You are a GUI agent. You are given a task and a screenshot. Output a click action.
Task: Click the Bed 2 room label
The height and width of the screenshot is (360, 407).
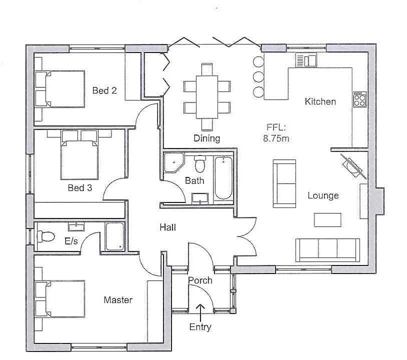(104, 90)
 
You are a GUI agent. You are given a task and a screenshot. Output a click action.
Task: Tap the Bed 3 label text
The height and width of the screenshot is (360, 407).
(80, 188)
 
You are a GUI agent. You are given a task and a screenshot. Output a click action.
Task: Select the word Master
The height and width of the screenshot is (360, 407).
(118, 300)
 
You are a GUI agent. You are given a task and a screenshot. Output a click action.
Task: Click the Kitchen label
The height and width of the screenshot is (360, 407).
(320, 101)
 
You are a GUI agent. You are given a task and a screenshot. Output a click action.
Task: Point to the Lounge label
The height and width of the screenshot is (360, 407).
(323, 195)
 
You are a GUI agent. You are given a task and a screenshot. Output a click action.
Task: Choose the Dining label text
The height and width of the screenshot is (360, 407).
(207, 138)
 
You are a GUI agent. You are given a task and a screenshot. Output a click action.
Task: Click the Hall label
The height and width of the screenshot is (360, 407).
(167, 227)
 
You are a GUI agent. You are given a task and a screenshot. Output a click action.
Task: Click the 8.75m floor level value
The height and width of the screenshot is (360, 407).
(276, 138)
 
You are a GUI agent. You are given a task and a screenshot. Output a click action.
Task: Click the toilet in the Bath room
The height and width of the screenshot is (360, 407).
(200, 163)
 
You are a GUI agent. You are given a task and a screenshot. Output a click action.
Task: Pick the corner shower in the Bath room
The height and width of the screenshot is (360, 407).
(173, 162)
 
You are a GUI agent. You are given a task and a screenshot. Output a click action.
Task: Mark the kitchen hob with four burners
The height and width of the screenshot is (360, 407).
(359, 99)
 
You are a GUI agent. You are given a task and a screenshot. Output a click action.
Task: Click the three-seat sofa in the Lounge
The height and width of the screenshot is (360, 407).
(327, 248)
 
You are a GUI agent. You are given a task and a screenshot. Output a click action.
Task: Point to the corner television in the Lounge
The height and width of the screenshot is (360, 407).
(354, 165)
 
